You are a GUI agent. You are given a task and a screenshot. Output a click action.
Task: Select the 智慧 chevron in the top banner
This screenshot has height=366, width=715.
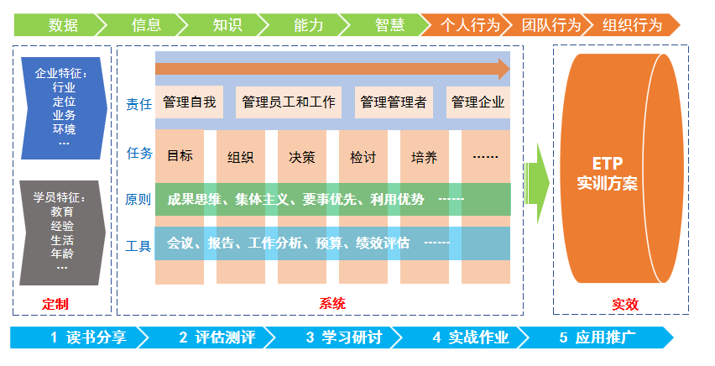pos(389,24)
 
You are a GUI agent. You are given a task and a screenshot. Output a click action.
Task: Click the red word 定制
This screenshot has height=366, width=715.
pos(55,304)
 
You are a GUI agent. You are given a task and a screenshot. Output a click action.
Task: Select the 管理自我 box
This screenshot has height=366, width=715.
pos(190,102)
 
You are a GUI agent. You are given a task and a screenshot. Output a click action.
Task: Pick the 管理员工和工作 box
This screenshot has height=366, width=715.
pos(289,102)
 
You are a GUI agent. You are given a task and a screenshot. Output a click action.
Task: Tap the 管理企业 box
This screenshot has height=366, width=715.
pos(478,102)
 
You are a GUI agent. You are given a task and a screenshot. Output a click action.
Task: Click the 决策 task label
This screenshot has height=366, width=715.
pos(302,156)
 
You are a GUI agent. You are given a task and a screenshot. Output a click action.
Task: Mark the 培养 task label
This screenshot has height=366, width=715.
pos(424,156)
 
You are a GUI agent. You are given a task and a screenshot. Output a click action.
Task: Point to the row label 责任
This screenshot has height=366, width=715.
pos(138,104)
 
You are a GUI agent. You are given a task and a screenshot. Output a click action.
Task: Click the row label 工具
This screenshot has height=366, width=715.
pos(138,246)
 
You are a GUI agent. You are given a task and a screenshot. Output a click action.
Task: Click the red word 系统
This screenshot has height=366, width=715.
pos(332,304)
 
